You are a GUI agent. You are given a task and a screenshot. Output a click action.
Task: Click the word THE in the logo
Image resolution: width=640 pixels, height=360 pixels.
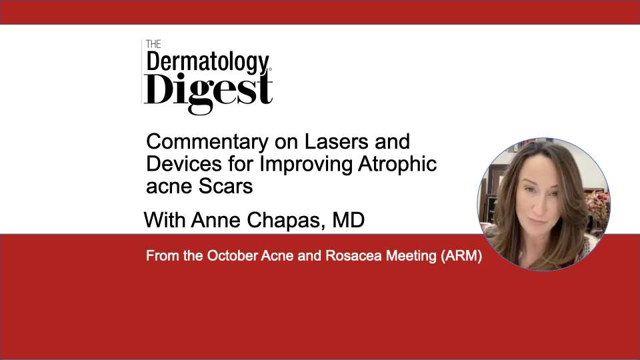point(153,44)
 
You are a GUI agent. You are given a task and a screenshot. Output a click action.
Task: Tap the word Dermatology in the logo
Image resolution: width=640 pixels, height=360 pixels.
point(208,63)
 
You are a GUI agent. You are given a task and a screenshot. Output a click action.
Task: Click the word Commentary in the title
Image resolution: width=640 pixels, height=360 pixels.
point(207,143)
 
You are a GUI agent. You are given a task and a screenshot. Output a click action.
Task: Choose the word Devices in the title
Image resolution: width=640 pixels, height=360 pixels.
point(184,164)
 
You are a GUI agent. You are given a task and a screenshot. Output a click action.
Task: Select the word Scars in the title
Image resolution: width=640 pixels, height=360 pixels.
point(226,187)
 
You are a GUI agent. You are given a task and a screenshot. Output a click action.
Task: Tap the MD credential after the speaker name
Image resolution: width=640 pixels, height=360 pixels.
point(348,220)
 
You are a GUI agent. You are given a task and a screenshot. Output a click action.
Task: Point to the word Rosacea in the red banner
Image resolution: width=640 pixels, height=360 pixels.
point(353,256)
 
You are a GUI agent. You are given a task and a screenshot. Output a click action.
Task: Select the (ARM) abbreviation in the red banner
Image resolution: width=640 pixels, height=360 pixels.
point(461,256)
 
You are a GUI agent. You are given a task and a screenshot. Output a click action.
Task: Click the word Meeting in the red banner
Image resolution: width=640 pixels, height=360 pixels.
point(411,256)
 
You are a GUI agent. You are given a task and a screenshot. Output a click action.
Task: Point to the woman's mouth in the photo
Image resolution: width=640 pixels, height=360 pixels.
point(537,221)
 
